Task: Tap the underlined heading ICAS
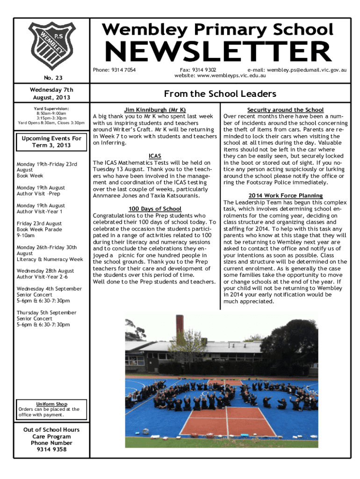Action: pyautogui.click(x=155, y=156)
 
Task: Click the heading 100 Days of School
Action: pyautogui.click(x=155, y=209)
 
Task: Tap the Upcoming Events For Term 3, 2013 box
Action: pyautogui.click(x=51, y=142)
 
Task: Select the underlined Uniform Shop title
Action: pyautogui.click(x=51, y=404)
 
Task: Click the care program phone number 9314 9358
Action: pyautogui.click(x=51, y=450)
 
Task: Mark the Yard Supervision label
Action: pyautogui.click(x=51, y=109)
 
